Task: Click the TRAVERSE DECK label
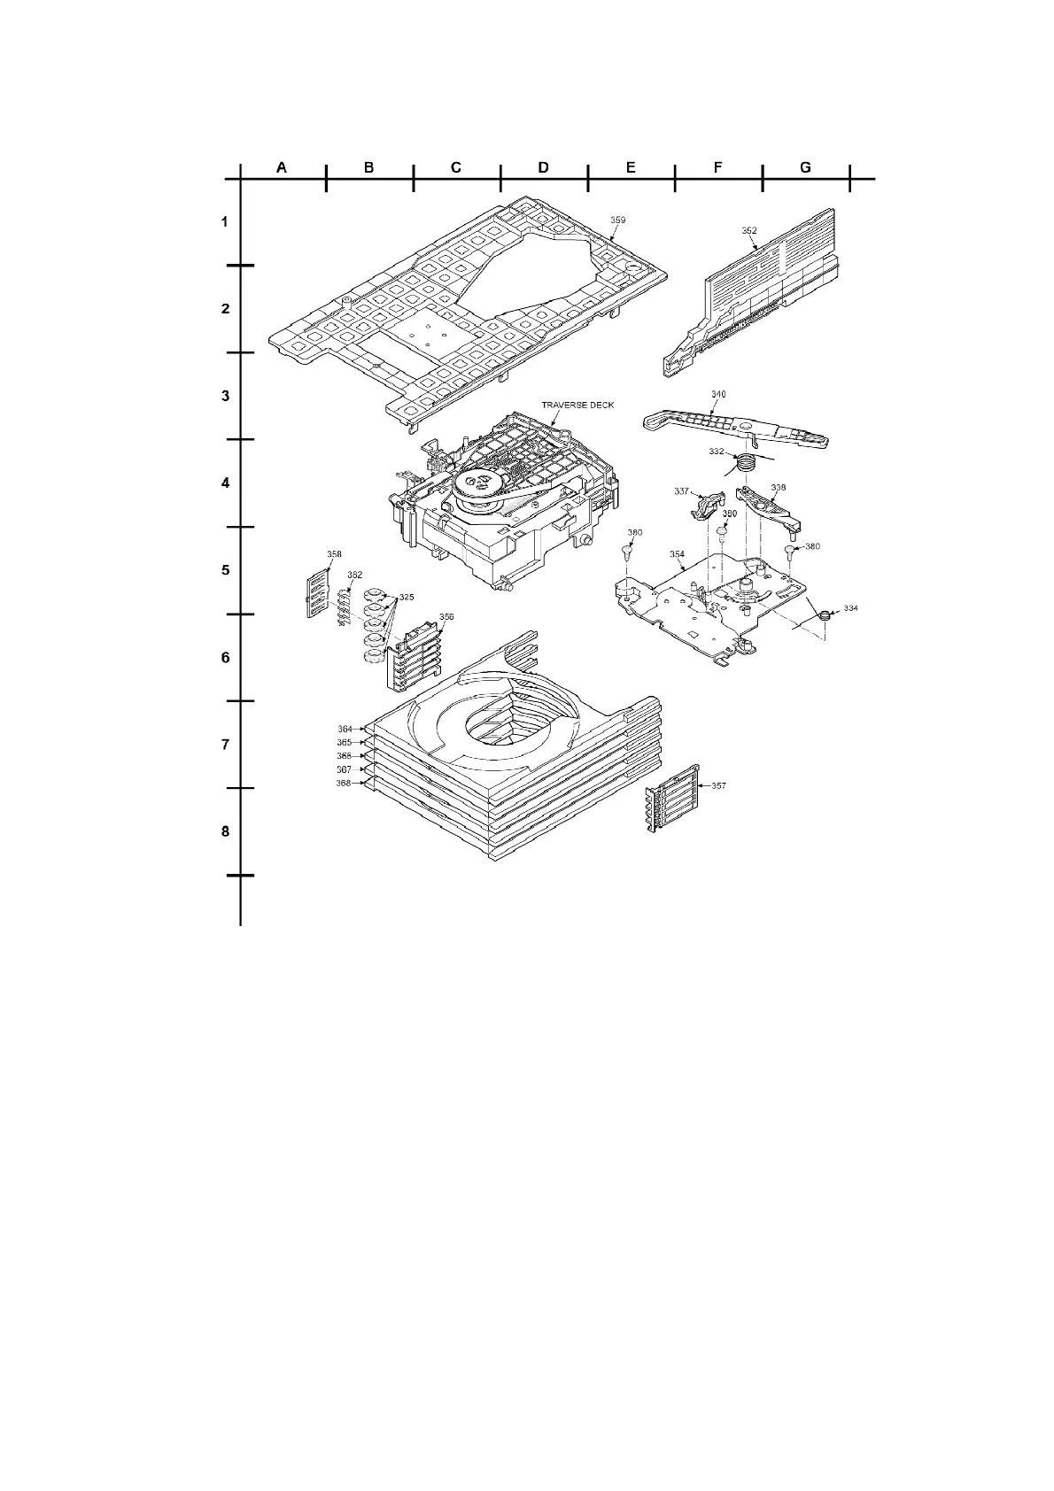click(x=577, y=406)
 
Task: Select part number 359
click(x=617, y=220)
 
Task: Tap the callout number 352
click(x=748, y=231)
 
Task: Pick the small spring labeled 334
click(x=825, y=614)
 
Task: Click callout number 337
click(x=682, y=491)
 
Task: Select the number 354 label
click(x=677, y=554)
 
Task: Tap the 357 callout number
click(x=718, y=785)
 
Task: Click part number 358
click(x=334, y=555)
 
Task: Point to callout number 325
click(x=406, y=598)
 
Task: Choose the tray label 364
click(x=345, y=730)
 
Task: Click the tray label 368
click(x=345, y=784)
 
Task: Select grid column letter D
click(x=543, y=167)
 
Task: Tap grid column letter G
click(x=805, y=167)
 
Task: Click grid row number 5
click(x=225, y=570)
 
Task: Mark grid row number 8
click(x=225, y=831)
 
